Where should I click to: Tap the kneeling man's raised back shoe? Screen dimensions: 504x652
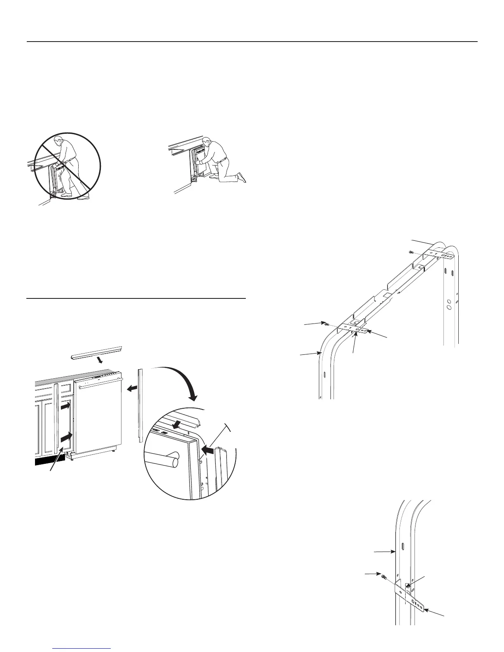[242, 178]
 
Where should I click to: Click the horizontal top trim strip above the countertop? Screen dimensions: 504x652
[97, 351]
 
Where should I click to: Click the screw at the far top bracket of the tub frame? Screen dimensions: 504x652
[411, 251]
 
